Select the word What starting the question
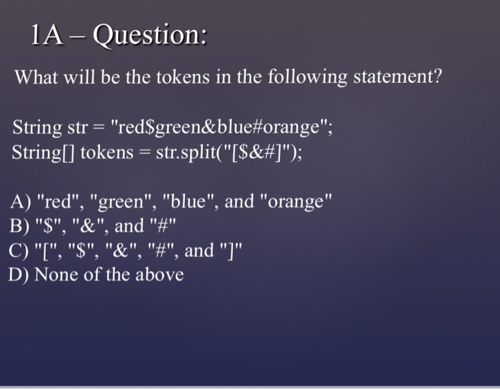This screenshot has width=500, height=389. (x=40, y=76)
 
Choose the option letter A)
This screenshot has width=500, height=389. (x=19, y=202)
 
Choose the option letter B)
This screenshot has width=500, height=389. (x=19, y=226)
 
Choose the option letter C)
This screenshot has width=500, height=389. (x=19, y=251)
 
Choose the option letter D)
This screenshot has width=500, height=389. (x=19, y=275)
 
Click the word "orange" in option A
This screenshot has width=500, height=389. (x=299, y=202)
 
